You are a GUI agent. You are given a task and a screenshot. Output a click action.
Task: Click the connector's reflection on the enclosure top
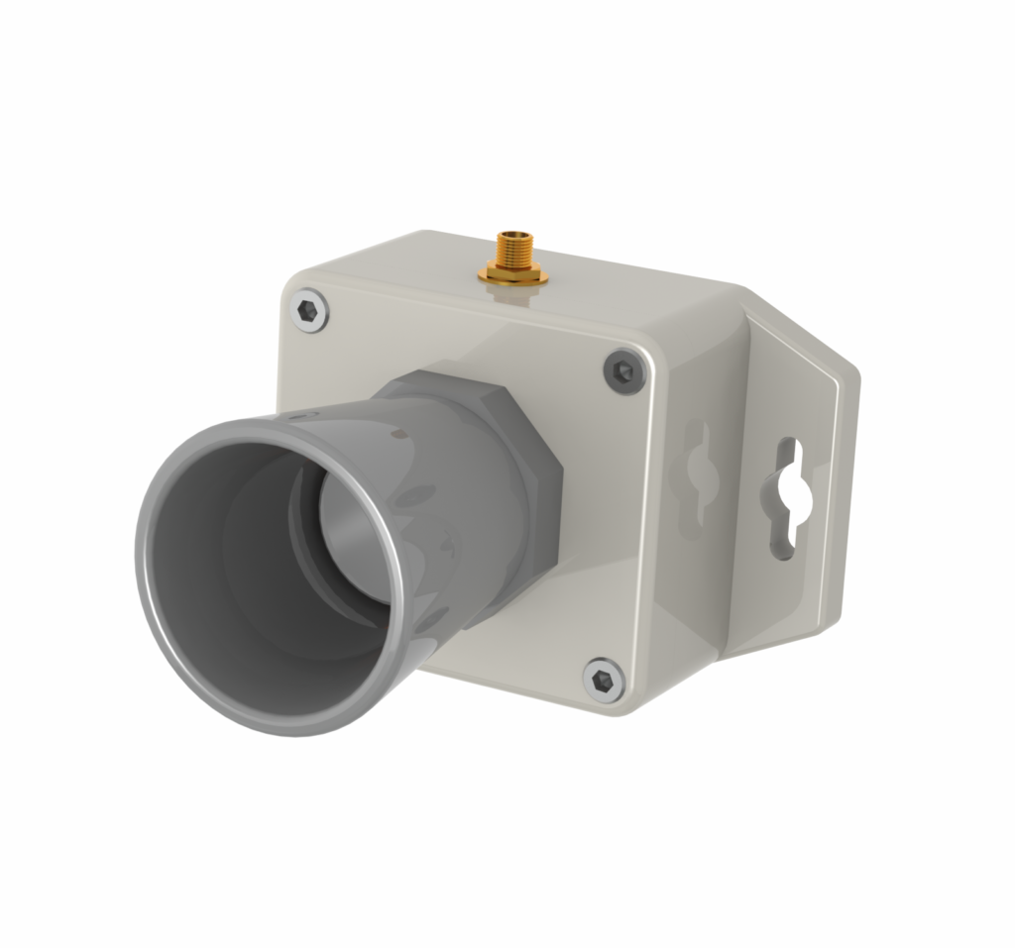[513, 297]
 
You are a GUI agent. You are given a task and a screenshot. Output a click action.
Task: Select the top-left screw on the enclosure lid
[310, 312]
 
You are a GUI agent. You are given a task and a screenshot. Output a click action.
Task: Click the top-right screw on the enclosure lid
[623, 371]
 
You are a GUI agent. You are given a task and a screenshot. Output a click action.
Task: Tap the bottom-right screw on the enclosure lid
[603, 681]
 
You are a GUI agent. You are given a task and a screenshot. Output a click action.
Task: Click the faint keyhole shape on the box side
[697, 474]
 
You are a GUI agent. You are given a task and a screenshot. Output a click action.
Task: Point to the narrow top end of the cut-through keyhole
[788, 452]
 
